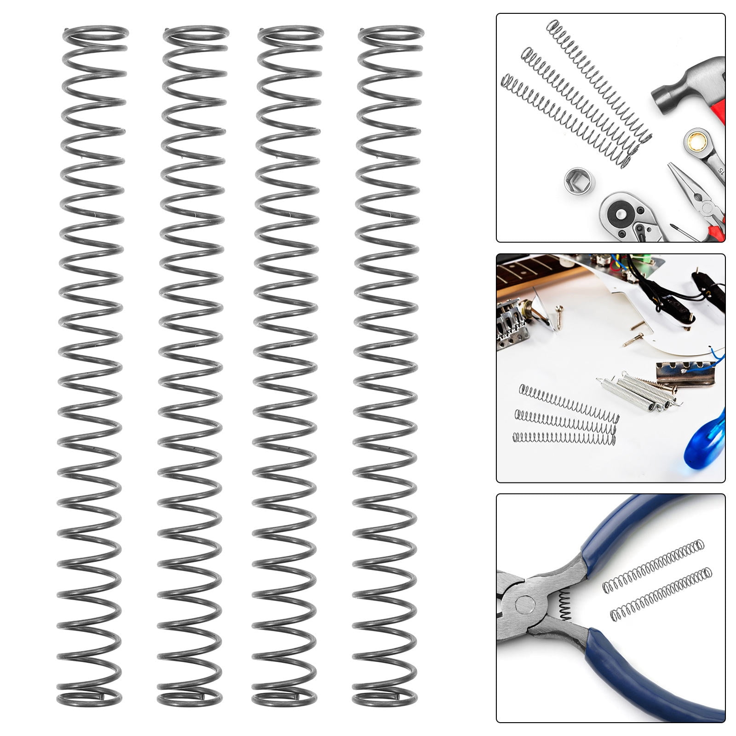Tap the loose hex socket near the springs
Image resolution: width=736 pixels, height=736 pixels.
pyautogui.click(x=577, y=182)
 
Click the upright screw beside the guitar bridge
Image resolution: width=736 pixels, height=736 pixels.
pyautogui.click(x=559, y=316)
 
